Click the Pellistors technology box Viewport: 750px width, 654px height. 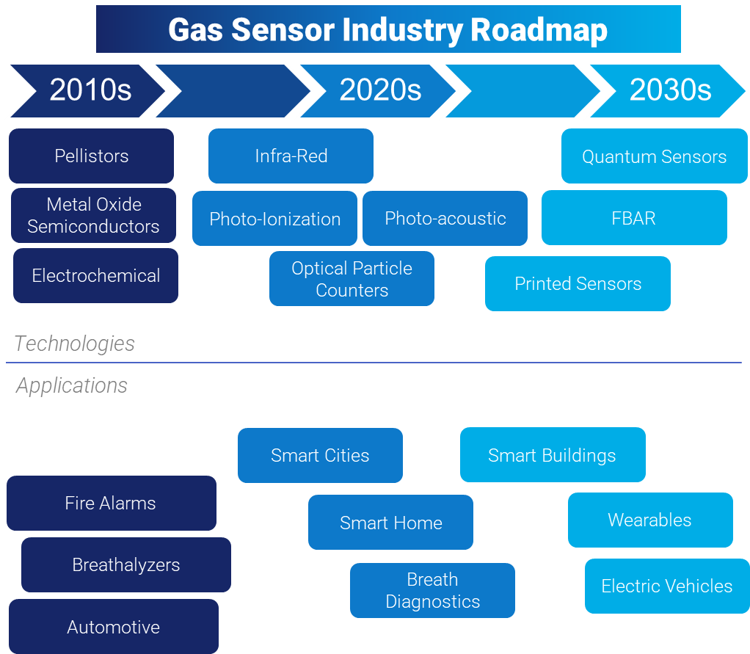(91, 156)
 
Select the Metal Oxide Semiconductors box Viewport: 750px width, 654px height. (93, 215)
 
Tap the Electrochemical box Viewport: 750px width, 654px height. (95, 275)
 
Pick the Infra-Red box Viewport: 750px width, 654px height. (291, 156)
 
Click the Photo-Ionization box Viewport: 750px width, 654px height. (274, 219)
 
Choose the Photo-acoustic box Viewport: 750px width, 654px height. (445, 218)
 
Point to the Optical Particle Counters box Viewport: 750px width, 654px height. (352, 279)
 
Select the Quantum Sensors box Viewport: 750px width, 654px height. (654, 156)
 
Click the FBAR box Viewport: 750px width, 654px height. (634, 218)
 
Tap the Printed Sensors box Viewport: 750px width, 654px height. (578, 283)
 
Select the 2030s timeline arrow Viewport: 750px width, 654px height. (669, 90)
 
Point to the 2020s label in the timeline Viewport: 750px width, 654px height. (380, 90)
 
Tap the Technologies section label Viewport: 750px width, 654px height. (74, 344)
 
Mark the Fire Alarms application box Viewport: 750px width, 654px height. (111, 503)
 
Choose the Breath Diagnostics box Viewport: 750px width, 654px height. (432, 590)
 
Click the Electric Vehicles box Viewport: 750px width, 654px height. (666, 586)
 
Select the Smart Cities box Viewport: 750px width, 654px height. (320, 455)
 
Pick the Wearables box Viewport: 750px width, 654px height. (649, 520)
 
